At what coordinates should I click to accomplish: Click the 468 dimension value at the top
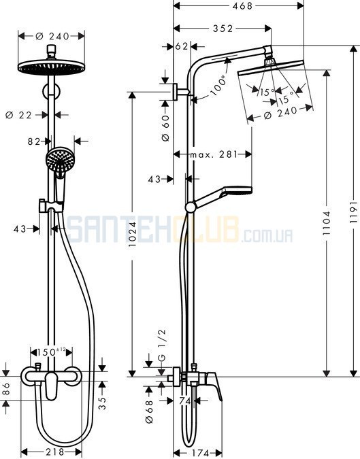(x=242, y=5)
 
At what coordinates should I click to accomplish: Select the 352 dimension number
(x=223, y=29)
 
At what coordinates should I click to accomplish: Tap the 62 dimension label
(x=182, y=46)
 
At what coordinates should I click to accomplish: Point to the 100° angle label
(x=218, y=85)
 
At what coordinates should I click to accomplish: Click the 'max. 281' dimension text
(x=214, y=154)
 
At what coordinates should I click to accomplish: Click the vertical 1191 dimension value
(x=354, y=211)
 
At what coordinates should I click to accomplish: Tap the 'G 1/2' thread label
(x=162, y=345)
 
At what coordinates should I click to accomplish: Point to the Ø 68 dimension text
(x=149, y=411)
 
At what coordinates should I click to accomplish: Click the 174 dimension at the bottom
(x=201, y=453)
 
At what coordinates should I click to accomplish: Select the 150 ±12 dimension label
(x=51, y=352)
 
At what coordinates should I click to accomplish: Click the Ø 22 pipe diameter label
(x=18, y=115)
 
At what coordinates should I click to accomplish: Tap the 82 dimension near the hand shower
(x=34, y=141)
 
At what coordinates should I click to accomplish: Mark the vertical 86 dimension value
(x=6, y=388)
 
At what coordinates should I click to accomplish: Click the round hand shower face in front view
(x=60, y=160)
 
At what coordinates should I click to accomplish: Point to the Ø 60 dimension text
(x=165, y=129)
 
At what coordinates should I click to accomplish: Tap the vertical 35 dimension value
(x=102, y=403)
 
